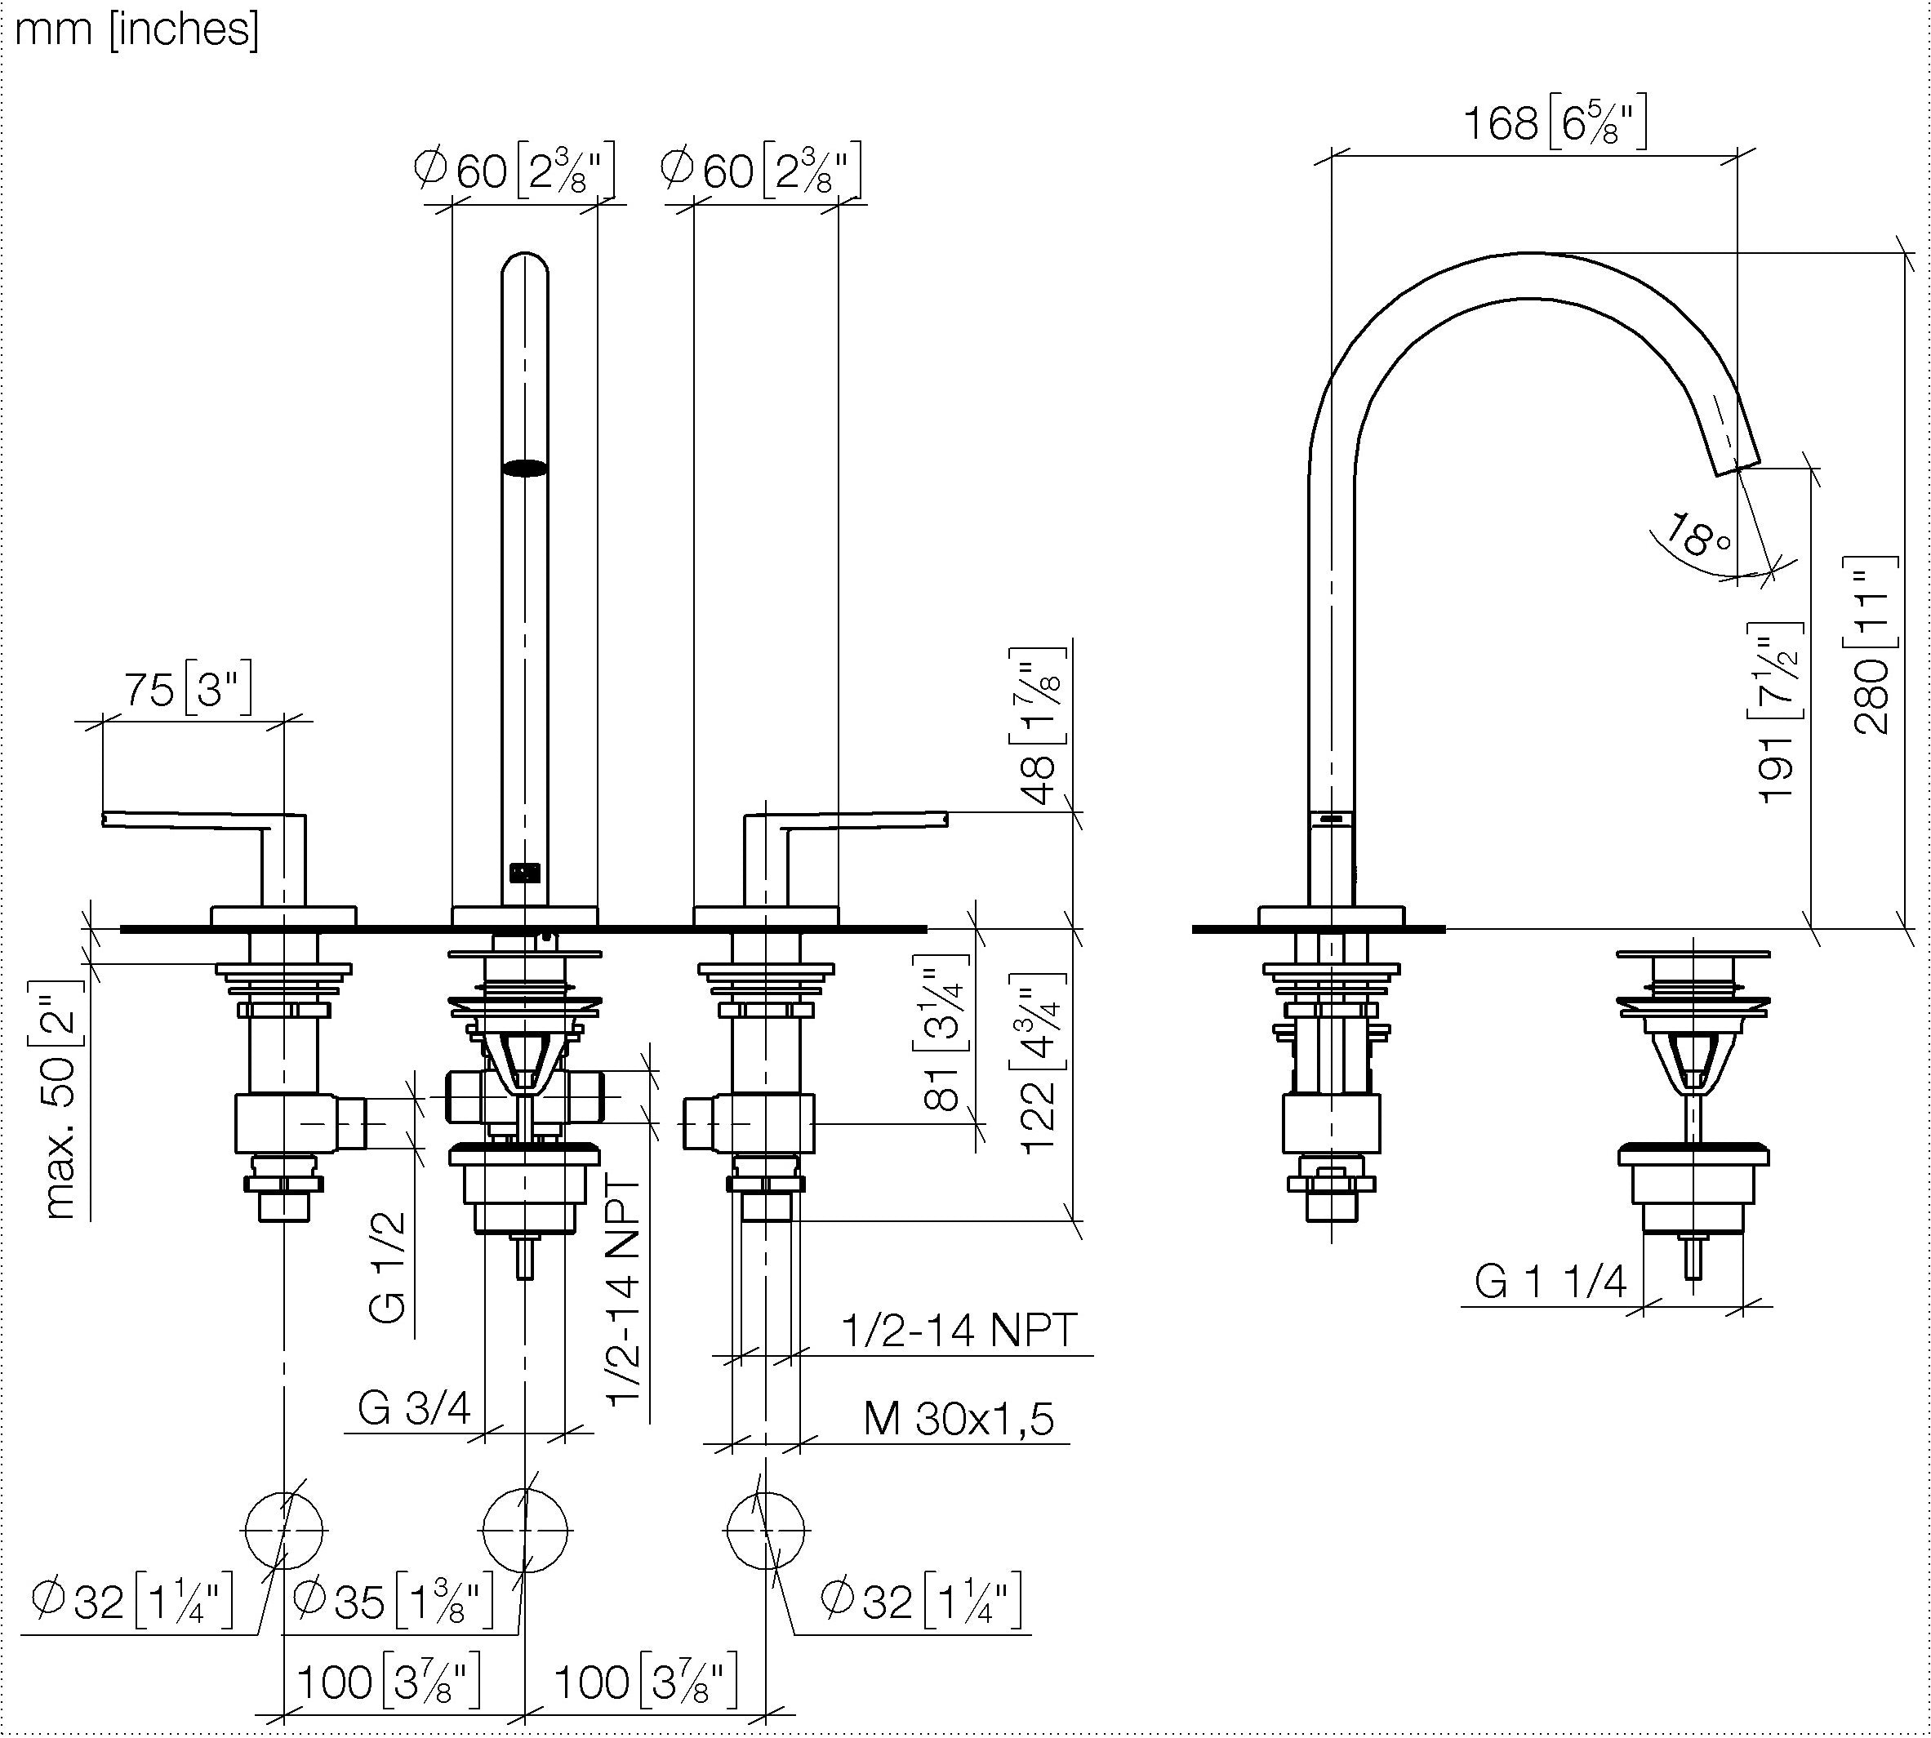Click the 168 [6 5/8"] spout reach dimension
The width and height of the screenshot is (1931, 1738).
coord(1555,122)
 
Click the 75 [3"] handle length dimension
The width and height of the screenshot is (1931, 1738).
coord(188,687)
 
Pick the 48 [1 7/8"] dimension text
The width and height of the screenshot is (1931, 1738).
coord(1038,725)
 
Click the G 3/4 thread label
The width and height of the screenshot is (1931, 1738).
coord(415,1407)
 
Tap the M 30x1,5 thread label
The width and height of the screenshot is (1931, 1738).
coord(959,1418)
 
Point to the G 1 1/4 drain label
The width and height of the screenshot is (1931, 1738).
coord(1550,1281)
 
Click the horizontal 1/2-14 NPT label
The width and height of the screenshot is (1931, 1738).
coord(959,1328)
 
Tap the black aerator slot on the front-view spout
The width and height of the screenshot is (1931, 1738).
coord(525,467)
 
